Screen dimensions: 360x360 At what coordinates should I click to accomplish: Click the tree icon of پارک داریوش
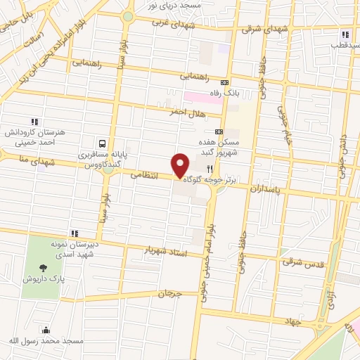coord(44,267)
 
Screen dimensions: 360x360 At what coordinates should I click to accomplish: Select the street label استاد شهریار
coord(167,251)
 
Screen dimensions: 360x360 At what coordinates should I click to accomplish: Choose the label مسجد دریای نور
coord(175,5)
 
